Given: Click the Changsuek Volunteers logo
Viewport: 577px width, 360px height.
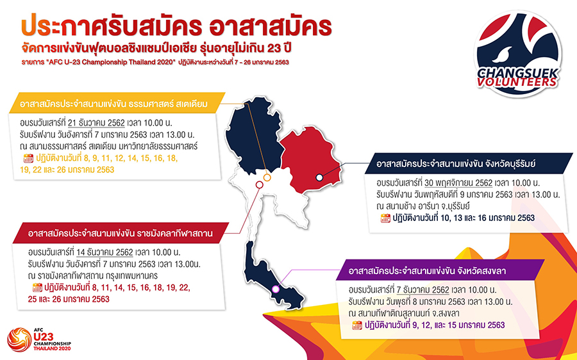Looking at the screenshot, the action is [x=518, y=54].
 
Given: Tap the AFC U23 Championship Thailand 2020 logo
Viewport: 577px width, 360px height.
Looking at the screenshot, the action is [x=39, y=340].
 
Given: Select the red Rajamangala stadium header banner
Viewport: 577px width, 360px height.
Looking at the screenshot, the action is [x=121, y=233].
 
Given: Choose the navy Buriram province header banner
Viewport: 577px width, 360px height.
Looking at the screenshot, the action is [x=469, y=163].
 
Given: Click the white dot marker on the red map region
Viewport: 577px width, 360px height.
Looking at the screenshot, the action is [x=319, y=177].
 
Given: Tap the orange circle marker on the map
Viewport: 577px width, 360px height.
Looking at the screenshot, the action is [x=267, y=177].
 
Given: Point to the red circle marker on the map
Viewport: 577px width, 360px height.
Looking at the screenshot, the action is [x=260, y=184].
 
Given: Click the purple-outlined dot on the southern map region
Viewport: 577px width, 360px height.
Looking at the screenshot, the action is [x=275, y=290].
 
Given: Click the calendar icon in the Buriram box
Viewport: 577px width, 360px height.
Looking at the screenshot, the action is [x=385, y=218].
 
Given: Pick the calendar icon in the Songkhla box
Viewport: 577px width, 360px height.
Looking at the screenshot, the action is [x=357, y=325].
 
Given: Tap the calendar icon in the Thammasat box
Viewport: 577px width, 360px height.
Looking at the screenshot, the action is [x=28, y=158].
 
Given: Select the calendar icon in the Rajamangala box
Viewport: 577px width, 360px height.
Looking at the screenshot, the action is [x=37, y=288].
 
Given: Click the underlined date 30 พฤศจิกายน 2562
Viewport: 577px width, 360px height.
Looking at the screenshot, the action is [x=458, y=183].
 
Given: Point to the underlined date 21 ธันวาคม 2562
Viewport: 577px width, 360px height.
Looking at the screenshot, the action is [x=96, y=123].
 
